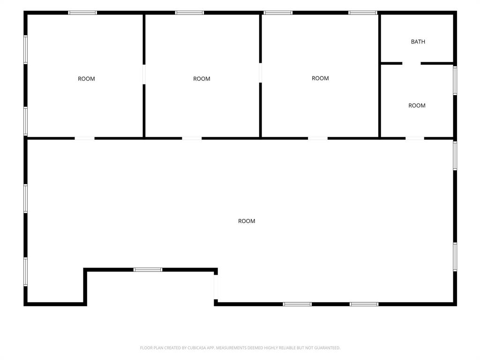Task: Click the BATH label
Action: tap(418, 42)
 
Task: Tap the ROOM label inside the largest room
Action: tap(247, 221)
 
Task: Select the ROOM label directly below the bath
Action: tap(417, 105)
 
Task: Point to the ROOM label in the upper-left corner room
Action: tap(86, 79)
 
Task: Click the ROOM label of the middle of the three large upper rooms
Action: tap(202, 79)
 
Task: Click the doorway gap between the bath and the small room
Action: tap(412, 63)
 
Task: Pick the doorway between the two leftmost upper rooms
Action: tap(143, 74)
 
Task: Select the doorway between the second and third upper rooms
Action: tap(260, 73)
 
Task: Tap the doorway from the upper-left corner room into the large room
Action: tap(84, 138)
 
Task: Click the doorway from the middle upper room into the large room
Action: tap(192, 138)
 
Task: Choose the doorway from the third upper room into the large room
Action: tap(317, 138)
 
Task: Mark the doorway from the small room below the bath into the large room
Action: tap(414, 138)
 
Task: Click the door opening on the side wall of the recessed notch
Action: tap(216, 287)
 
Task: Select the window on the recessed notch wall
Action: tap(148, 270)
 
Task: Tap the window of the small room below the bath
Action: tap(455, 81)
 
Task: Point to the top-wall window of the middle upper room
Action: tap(189, 13)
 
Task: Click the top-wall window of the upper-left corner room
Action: tap(82, 13)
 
